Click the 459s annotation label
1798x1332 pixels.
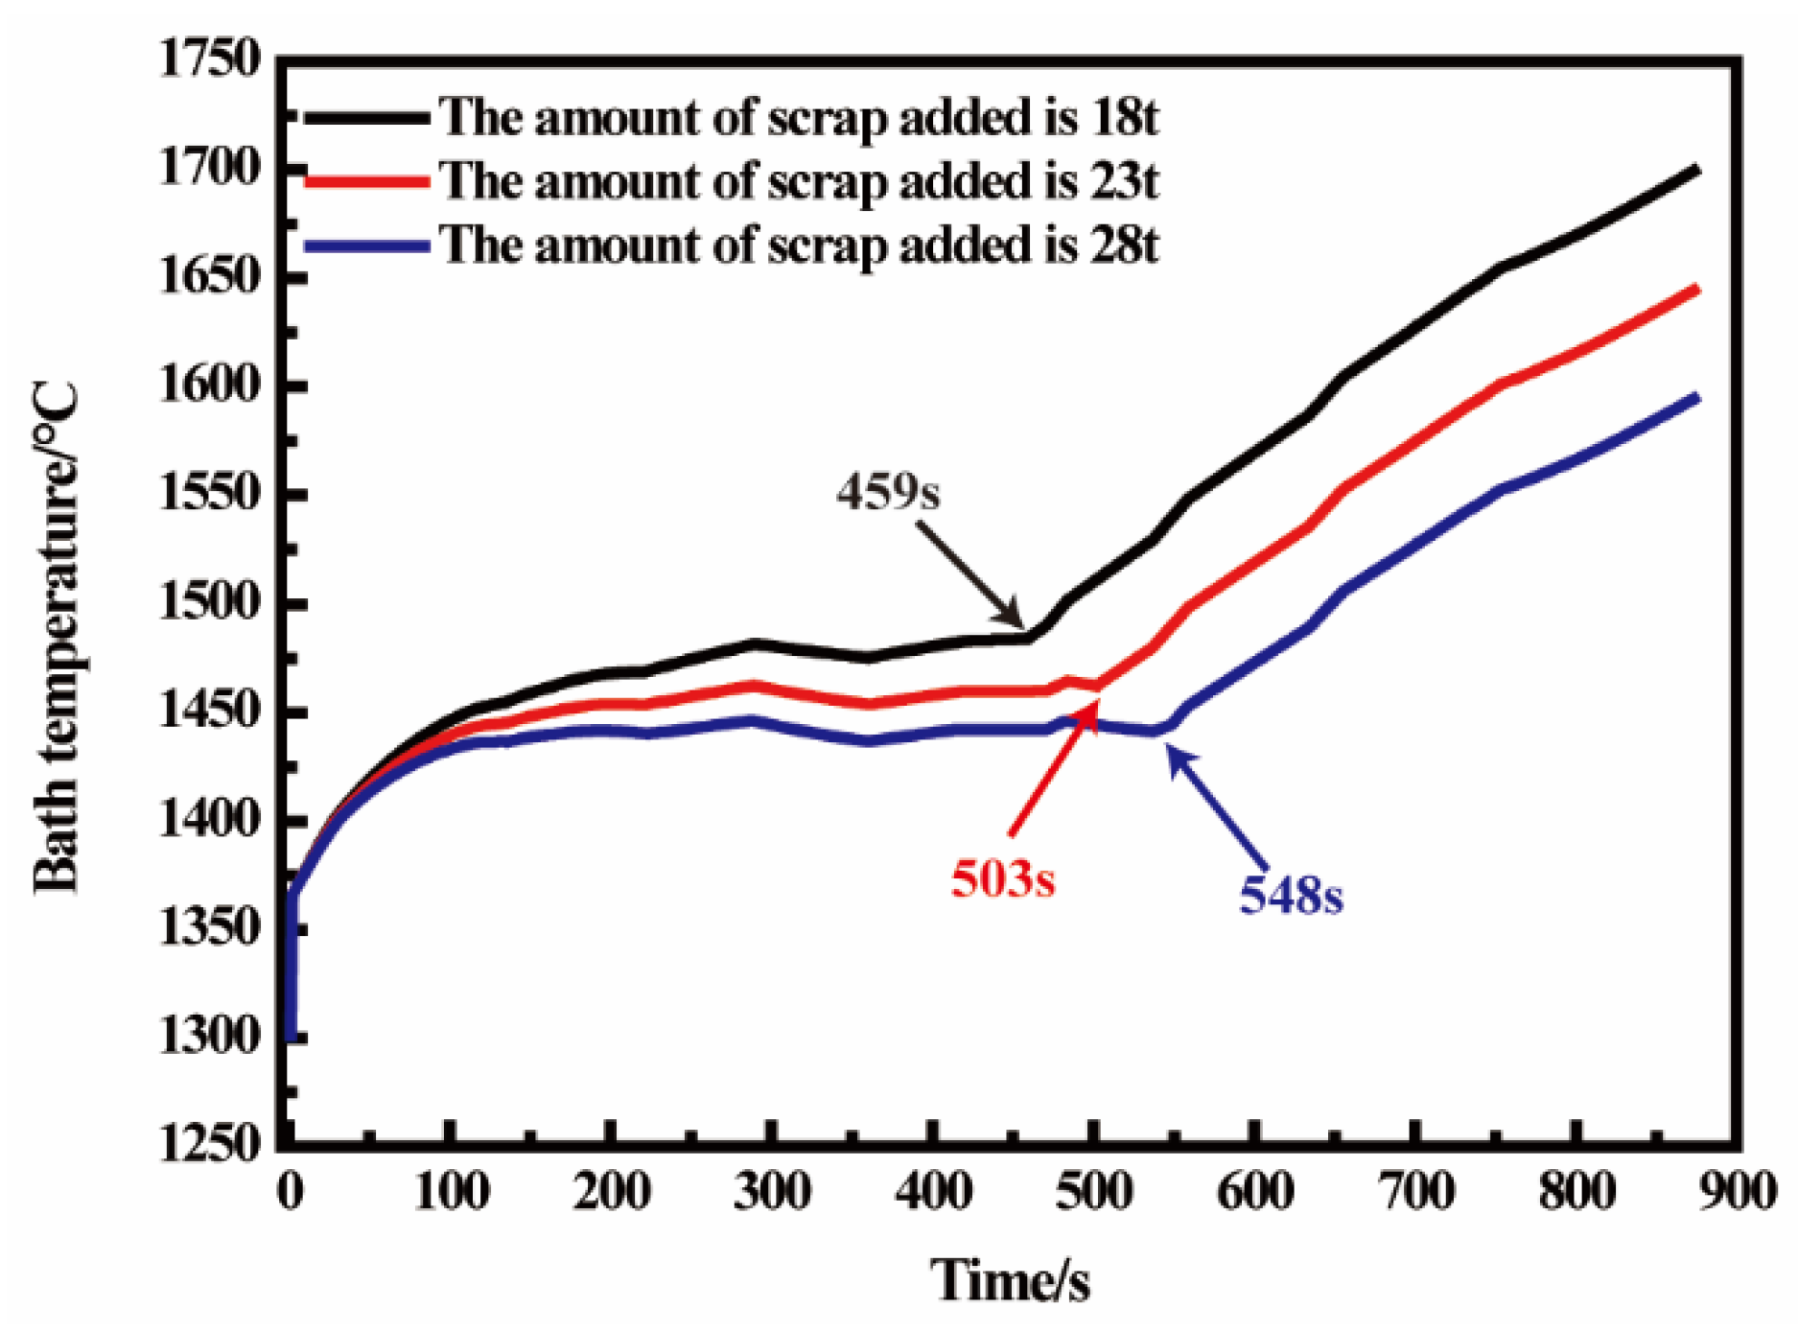pos(887,492)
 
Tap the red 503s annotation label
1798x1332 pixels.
pos(1002,878)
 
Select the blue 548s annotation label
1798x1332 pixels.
pos(1291,895)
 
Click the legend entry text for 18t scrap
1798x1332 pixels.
pos(799,117)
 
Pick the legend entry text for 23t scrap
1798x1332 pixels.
pos(799,180)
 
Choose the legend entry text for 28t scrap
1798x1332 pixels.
pos(799,245)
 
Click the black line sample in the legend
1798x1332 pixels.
pos(366,118)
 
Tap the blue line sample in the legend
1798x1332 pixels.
pos(366,245)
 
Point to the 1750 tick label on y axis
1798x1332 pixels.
pos(209,59)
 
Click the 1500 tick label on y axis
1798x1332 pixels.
pos(209,603)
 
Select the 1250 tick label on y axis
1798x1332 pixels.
pos(209,1144)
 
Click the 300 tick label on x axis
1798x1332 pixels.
pos(772,1192)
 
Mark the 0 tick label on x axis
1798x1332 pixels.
pos(290,1192)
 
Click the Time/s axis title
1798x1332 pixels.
pos(1010,1280)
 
